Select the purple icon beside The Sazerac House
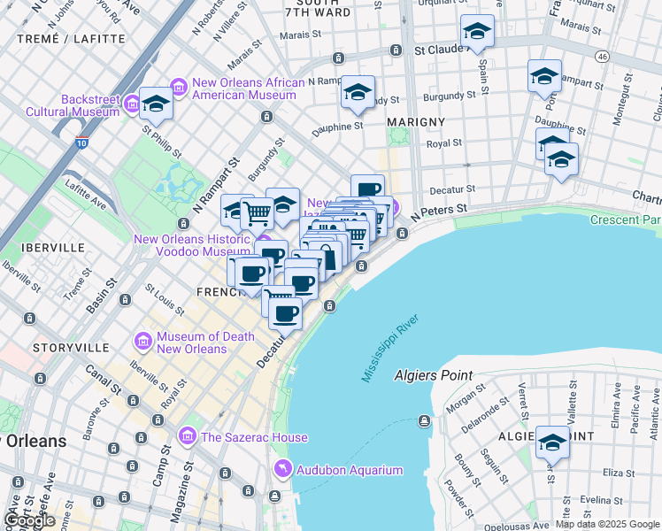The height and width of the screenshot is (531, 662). (187, 436)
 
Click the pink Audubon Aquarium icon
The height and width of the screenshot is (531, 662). (282, 470)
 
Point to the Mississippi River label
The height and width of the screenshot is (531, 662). (389, 348)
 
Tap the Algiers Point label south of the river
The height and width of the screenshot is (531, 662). (434, 375)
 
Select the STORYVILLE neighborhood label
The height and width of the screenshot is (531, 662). (71, 349)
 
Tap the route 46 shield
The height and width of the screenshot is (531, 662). (602, 56)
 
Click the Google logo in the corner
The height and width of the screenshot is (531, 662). (28, 520)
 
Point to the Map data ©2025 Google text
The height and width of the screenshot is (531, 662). (607, 524)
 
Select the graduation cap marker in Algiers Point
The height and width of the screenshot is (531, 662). (552, 442)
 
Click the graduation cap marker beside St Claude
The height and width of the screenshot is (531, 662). (477, 32)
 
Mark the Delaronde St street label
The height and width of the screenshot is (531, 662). (479, 413)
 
